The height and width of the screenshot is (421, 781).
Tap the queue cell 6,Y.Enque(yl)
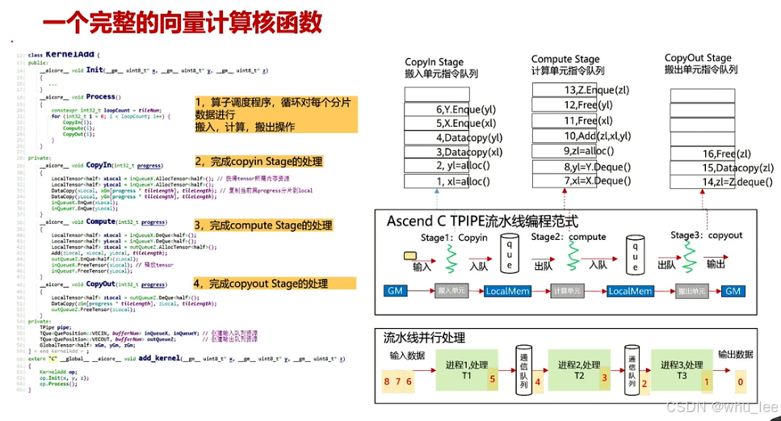(448, 109)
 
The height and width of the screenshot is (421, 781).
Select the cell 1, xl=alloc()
(448, 181)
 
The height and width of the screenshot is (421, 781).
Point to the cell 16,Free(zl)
(703, 154)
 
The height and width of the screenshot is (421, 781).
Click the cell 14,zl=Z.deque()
(703, 182)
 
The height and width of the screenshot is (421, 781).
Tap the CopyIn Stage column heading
(435, 61)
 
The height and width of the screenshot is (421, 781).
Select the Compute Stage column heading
(565, 60)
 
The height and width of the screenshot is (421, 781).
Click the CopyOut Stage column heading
(698, 58)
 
